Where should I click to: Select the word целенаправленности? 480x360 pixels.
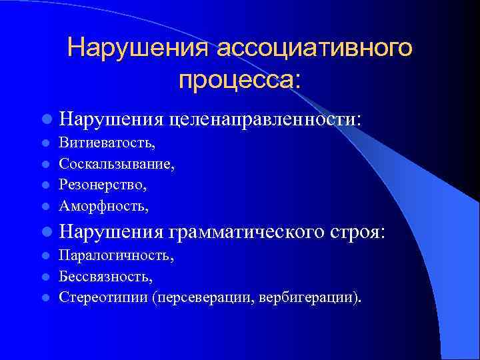pyautogui.click(x=263, y=119)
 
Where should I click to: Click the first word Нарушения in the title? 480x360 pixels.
pyautogui.click(x=139, y=49)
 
